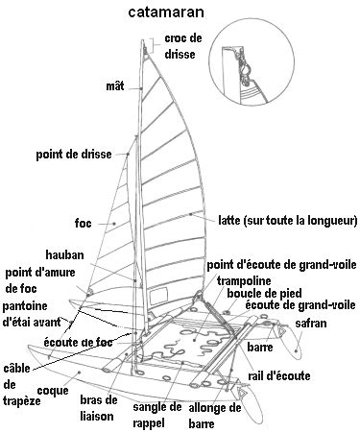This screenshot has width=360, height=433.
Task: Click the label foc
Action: tap(83, 223)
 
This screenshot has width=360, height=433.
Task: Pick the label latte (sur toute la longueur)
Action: tap(287, 220)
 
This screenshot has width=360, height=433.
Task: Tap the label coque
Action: tap(52, 391)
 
